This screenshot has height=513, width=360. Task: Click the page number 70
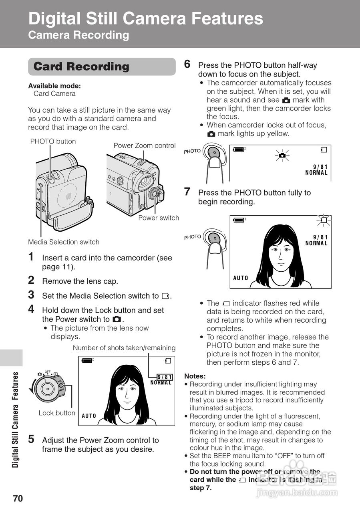[x=18, y=499]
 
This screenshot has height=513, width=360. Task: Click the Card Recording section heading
[x=81, y=67]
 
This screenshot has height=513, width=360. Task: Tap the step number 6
[x=187, y=64]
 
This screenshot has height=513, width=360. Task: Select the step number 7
[x=187, y=192]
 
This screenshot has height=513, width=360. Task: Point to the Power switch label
[x=159, y=218]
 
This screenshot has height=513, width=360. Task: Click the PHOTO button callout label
[x=53, y=141]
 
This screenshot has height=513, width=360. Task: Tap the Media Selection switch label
[x=64, y=242]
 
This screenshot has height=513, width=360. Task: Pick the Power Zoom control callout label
[x=145, y=145]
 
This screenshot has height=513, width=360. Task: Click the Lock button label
[x=57, y=413]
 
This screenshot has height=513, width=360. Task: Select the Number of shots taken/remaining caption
[x=124, y=348]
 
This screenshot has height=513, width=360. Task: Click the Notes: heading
[x=195, y=376]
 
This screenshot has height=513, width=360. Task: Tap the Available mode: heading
[x=54, y=86]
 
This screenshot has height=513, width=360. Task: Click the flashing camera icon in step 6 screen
[x=282, y=155]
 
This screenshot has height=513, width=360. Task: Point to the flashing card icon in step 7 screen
[x=323, y=220]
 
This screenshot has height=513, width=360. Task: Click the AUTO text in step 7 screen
[x=241, y=278]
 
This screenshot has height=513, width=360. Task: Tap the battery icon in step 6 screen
[x=239, y=149]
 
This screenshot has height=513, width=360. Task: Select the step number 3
[x=31, y=295]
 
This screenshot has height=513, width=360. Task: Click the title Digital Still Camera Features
[x=146, y=19]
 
